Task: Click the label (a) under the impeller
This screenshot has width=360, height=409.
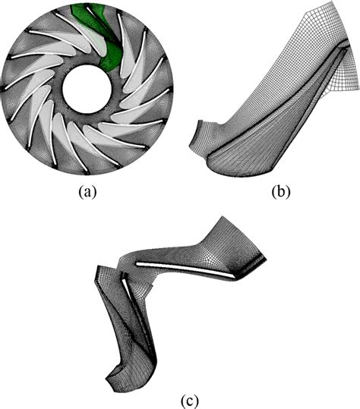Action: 87,192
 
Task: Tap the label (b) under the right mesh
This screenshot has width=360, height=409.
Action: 281,192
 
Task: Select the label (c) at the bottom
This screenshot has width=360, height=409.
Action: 190,401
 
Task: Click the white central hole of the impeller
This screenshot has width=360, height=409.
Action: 87,89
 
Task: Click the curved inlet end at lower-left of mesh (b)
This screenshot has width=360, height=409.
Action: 197,137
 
